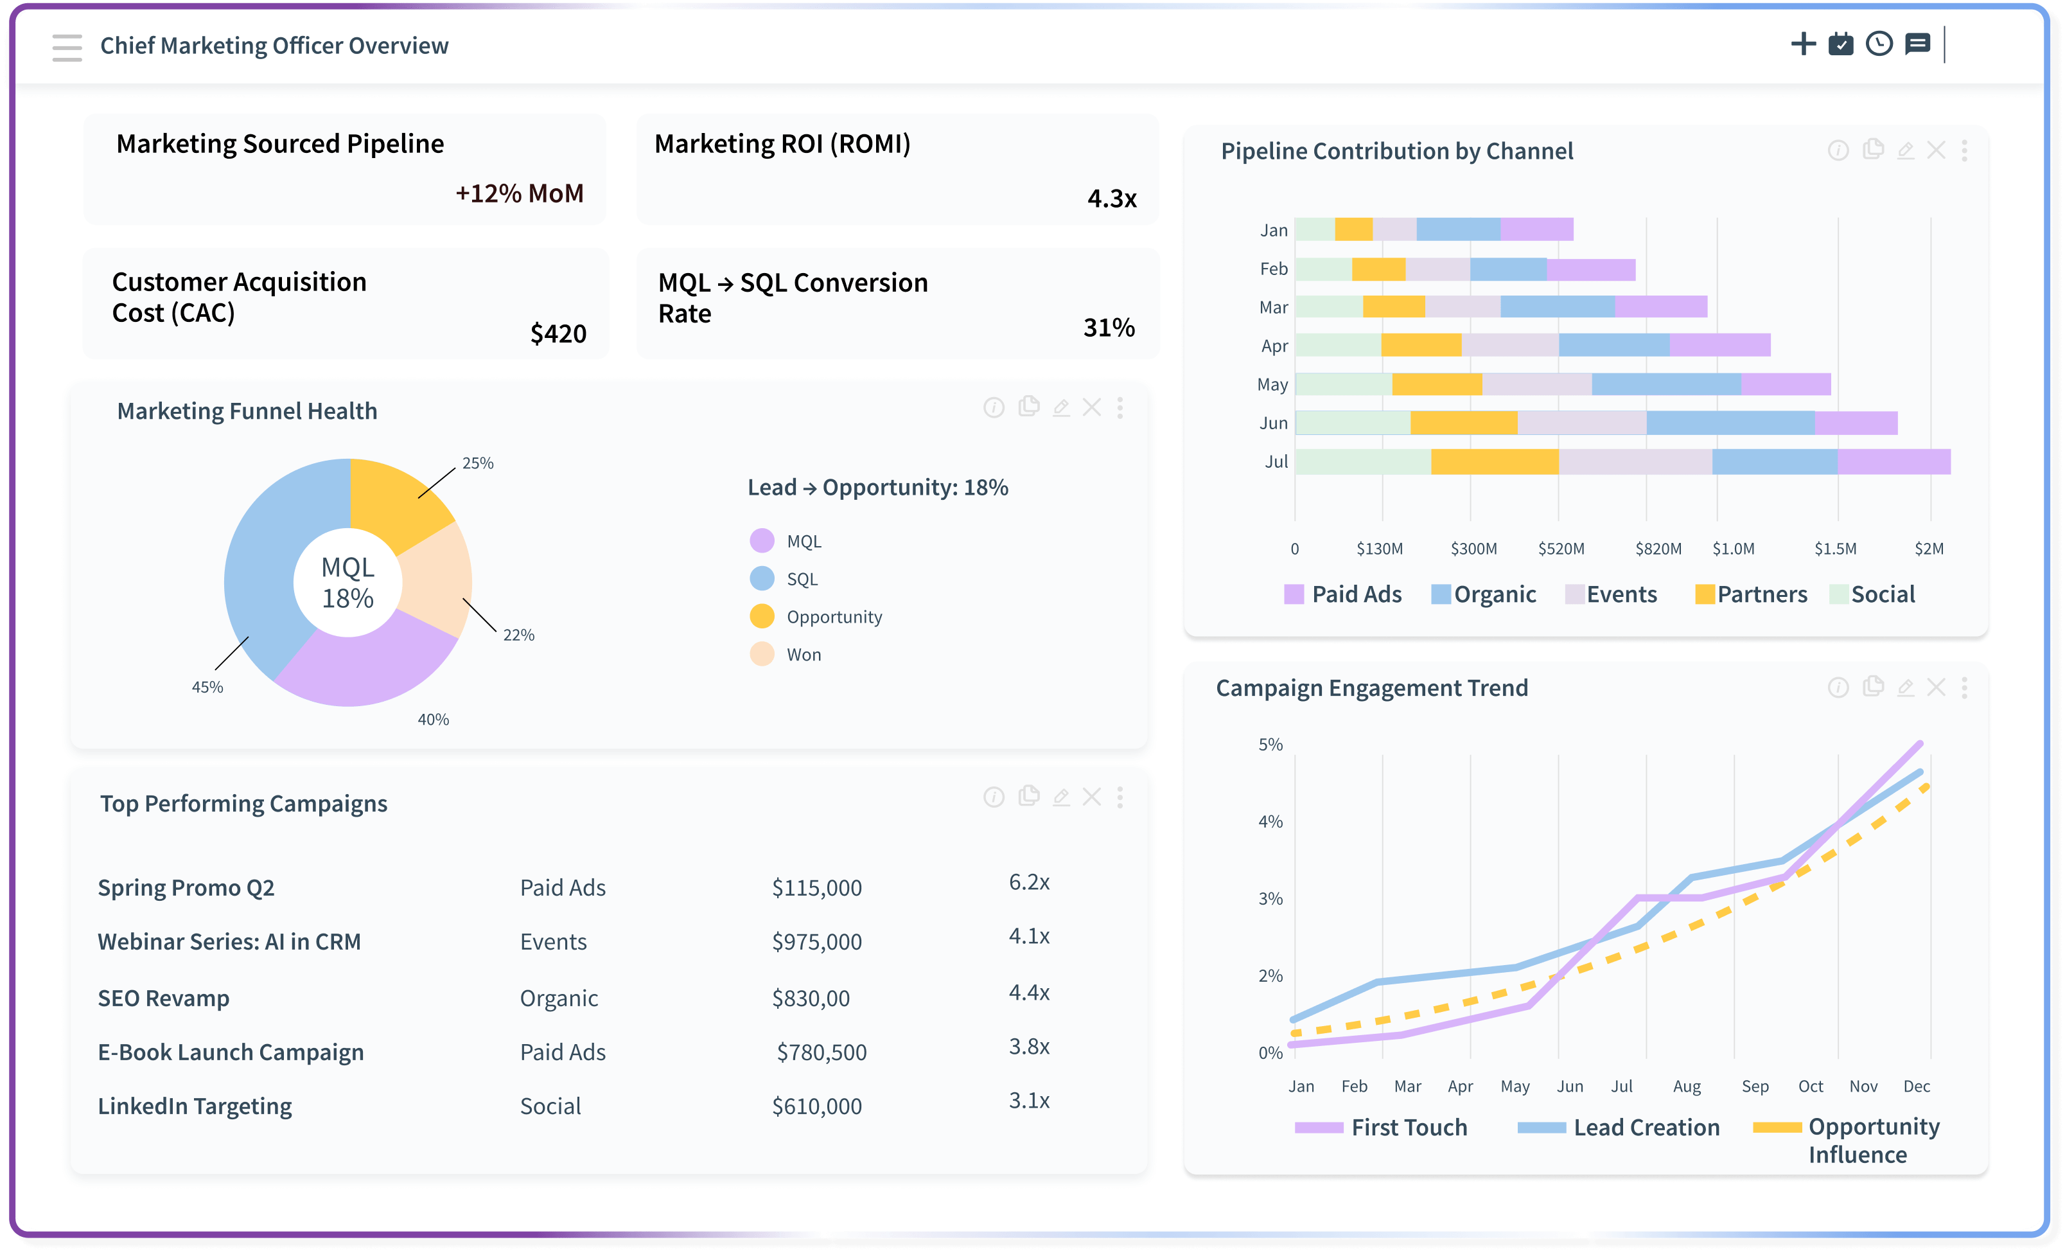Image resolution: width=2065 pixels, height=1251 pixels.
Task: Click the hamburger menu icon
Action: pos(67,47)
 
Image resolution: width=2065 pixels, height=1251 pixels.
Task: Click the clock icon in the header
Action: pos(1878,44)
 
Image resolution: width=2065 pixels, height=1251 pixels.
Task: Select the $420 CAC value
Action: pos(558,333)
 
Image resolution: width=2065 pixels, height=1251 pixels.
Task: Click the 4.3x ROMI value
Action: pos(1111,199)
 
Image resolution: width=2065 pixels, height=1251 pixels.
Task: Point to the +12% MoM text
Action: pos(519,193)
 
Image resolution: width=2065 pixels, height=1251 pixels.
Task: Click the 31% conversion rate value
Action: pos(1108,328)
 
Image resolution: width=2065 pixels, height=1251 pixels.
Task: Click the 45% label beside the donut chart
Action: pos(207,687)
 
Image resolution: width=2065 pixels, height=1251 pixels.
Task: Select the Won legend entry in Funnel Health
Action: pos(802,655)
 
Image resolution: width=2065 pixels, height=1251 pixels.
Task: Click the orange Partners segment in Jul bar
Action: pos(1493,462)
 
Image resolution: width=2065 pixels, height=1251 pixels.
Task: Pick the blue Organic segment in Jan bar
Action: pos(1457,230)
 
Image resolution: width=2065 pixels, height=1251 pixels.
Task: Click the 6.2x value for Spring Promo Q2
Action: pos(1028,882)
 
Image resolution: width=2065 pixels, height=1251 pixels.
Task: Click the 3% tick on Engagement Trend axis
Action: pos(1270,899)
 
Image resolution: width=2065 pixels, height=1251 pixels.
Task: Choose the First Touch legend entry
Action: pos(1408,1128)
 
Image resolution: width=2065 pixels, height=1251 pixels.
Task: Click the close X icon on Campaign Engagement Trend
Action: pos(1935,688)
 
